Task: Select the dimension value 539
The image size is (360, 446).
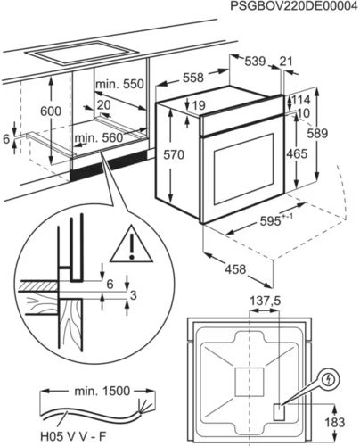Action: pos(256,61)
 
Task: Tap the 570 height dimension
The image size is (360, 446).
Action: pos(174,155)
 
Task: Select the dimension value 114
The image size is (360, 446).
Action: pos(303,100)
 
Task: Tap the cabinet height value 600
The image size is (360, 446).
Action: pos(53,110)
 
